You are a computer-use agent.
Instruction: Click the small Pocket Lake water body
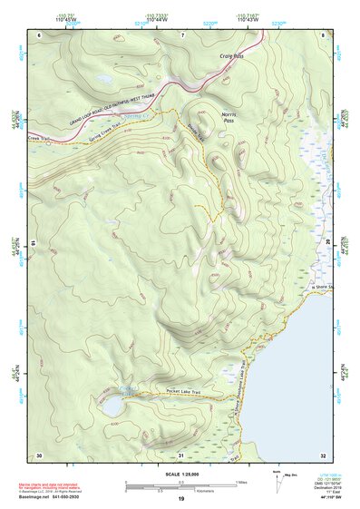pos(114,407)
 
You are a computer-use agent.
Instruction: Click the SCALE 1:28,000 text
pos(180,472)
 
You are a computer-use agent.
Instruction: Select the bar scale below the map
pos(180,485)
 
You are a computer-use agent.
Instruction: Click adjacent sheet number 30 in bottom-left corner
pos(39,455)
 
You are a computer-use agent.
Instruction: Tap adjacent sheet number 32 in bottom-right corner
pos(323,455)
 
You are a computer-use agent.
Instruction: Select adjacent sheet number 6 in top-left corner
pos(39,34)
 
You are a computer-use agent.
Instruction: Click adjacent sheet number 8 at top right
pos(323,34)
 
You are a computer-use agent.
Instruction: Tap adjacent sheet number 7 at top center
pos(182,34)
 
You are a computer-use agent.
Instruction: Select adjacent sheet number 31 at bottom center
pos(180,455)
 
